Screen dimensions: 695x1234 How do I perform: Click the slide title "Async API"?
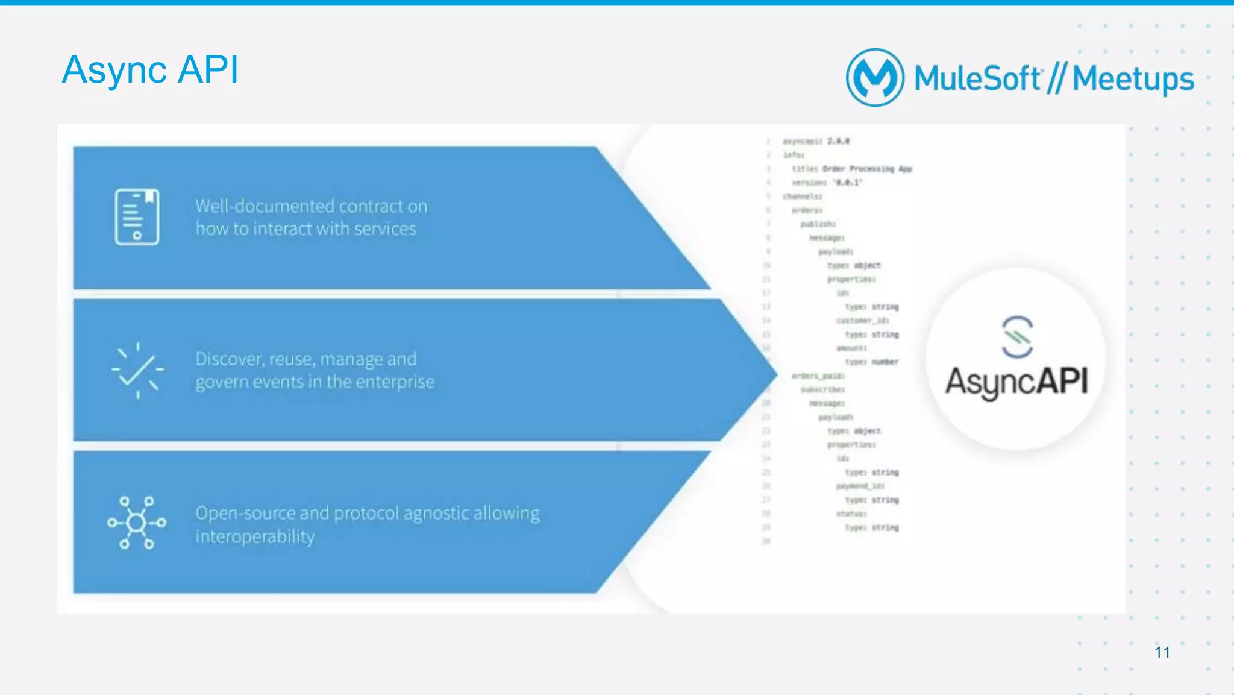150,69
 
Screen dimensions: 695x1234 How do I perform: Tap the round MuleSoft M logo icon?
875,78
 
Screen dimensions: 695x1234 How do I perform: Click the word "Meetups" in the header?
1133,79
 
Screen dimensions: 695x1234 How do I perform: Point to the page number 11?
1162,652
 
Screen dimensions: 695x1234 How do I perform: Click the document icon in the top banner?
137,216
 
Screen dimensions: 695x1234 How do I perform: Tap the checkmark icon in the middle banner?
137,370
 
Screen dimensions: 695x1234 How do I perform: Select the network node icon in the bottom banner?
137,523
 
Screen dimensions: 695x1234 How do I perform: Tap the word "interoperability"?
255,536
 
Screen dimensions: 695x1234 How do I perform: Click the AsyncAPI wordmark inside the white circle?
1016,382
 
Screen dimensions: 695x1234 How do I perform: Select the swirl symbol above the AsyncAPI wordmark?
1017,336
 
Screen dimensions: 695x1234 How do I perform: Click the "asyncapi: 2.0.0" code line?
816,141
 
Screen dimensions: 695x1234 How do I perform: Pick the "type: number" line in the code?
871,362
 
